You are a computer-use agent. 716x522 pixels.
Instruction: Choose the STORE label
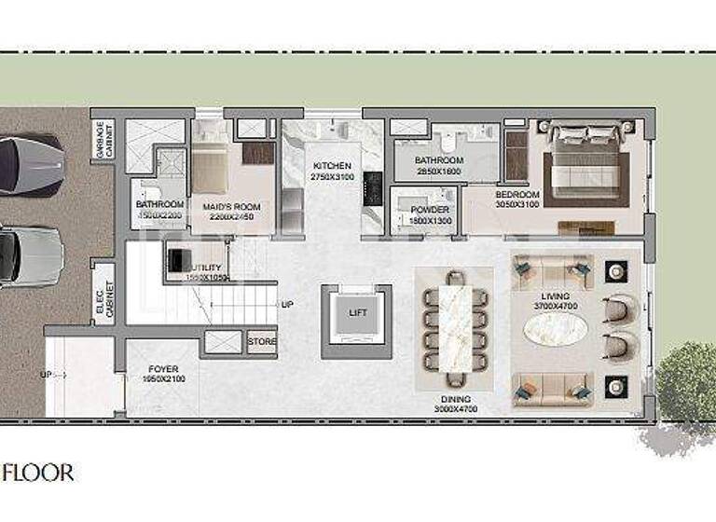[262, 342]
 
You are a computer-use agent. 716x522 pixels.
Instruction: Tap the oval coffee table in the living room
[556, 328]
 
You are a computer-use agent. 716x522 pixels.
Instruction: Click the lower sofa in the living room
[553, 385]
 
